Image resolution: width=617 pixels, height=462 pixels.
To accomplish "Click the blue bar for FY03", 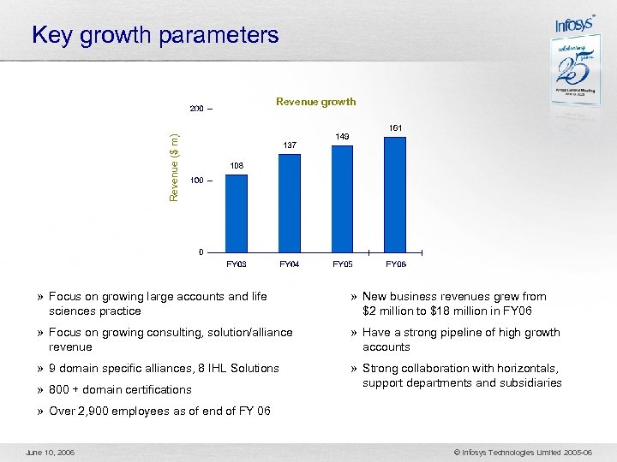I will click(x=236, y=213).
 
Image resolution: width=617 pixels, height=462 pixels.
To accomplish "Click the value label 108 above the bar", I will click(x=237, y=166).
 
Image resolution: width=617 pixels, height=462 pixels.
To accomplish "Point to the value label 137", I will click(x=290, y=145).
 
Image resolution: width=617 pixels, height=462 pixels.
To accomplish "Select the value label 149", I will click(x=343, y=136).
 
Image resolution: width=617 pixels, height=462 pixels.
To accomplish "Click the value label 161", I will click(x=395, y=127).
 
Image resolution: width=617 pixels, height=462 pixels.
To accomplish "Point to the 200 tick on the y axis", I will click(x=197, y=110).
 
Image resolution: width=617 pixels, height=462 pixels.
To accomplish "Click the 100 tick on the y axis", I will click(x=197, y=181).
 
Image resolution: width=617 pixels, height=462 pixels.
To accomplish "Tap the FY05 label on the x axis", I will click(x=343, y=264).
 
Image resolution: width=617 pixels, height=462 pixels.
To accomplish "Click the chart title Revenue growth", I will click(x=315, y=102).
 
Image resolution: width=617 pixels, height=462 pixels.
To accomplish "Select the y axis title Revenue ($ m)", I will click(x=174, y=168).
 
